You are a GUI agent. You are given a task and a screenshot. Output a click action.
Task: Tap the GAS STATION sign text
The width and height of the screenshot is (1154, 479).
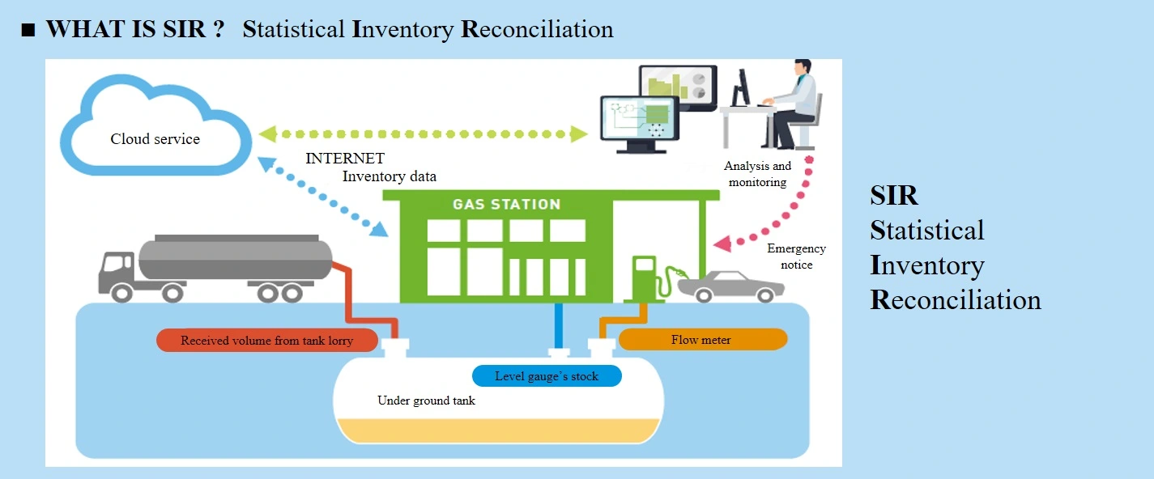[x=506, y=204]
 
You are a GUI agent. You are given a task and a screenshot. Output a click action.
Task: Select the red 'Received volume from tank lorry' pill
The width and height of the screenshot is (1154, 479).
[x=266, y=341]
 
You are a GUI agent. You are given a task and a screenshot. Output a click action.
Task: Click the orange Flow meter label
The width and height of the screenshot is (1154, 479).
[x=701, y=340]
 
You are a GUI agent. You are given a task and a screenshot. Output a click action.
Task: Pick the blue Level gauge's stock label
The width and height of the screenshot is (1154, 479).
[x=547, y=376]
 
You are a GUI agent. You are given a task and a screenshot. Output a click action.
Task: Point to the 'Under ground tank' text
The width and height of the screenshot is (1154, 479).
[x=427, y=401]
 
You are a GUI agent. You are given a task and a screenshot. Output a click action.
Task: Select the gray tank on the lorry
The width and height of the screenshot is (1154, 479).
[x=235, y=258]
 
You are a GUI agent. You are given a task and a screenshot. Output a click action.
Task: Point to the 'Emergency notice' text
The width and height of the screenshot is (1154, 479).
[x=796, y=256]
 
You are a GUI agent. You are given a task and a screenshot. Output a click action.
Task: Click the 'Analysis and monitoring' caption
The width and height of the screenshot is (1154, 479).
[x=757, y=174]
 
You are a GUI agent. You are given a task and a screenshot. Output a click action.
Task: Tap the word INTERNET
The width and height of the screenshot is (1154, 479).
[x=345, y=159]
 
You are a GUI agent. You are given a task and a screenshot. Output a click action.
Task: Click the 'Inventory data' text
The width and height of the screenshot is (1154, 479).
[x=389, y=176]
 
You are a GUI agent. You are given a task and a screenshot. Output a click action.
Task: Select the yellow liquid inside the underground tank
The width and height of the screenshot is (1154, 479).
[x=498, y=430]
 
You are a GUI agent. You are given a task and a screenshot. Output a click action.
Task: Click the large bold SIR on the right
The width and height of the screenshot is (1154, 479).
[x=894, y=195]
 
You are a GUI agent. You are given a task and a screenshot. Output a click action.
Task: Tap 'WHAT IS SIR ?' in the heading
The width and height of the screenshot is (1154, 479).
[x=134, y=30]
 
